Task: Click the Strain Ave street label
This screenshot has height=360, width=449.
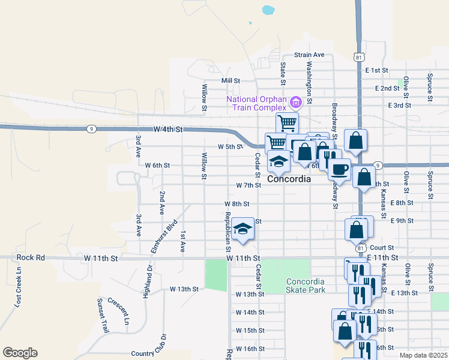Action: (x=310, y=55)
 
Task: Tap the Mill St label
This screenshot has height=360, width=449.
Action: (x=231, y=80)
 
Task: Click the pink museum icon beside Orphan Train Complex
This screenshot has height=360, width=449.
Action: (x=295, y=103)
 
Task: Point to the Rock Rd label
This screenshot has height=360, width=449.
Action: (x=31, y=257)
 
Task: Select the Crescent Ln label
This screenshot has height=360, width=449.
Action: (x=118, y=311)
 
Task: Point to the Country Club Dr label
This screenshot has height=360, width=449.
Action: (x=151, y=354)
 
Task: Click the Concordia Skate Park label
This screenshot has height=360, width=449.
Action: (x=306, y=286)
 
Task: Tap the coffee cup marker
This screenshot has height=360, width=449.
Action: (x=340, y=170)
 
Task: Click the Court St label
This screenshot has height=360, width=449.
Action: (x=382, y=247)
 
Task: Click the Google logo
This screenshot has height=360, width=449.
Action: (x=20, y=353)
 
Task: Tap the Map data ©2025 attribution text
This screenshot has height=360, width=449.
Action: (x=423, y=355)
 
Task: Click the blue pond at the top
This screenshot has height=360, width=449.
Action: (x=267, y=10)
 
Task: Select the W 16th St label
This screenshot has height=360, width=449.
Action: (x=250, y=349)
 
